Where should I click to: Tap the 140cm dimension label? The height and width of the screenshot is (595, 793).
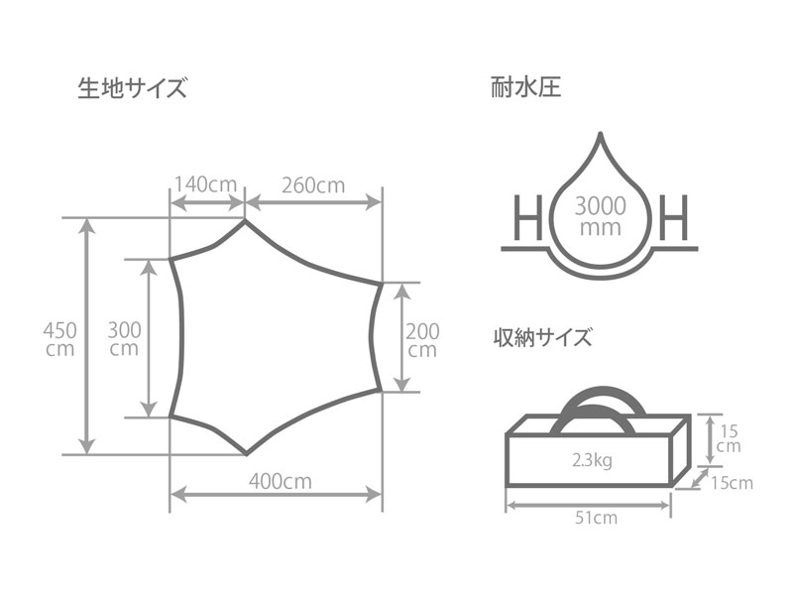coord(205,184)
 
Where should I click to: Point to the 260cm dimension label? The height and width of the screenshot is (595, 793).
coord(312,184)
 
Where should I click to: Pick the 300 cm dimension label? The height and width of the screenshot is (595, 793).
coord(123,337)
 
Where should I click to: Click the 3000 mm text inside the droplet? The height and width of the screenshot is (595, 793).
coord(600,216)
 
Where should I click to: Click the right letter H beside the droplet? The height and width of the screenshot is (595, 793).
coord(673,217)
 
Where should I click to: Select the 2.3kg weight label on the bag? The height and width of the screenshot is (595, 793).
coord(591,461)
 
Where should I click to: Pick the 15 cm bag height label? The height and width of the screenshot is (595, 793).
coord(729,438)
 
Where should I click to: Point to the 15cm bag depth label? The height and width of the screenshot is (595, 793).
coord(731,483)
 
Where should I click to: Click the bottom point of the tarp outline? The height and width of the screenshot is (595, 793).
coord(246,454)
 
